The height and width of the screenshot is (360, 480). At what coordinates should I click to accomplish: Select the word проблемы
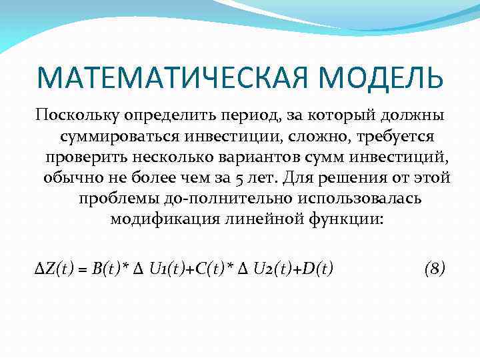coord(116,199)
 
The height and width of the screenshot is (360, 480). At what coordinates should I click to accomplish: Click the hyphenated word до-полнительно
coord(216,199)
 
